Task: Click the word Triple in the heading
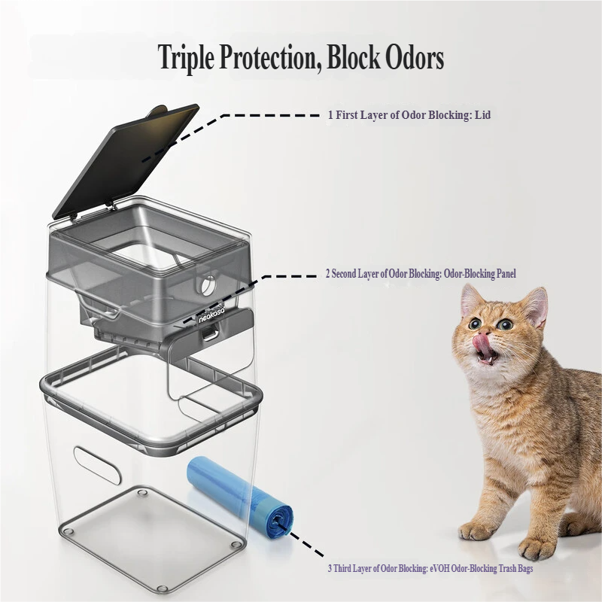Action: click(187, 58)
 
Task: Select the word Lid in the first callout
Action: click(482, 115)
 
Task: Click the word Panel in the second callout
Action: click(504, 274)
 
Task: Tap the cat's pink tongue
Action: click(482, 341)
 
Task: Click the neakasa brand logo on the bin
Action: click(211, 313)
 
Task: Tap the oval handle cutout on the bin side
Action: click(97, 465)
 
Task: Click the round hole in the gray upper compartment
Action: click(208, 286)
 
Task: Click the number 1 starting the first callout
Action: click(330, 115)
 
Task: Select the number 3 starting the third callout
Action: click(330, 569)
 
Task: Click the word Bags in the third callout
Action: click(524, 569)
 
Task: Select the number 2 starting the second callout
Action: click(328, 274)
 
